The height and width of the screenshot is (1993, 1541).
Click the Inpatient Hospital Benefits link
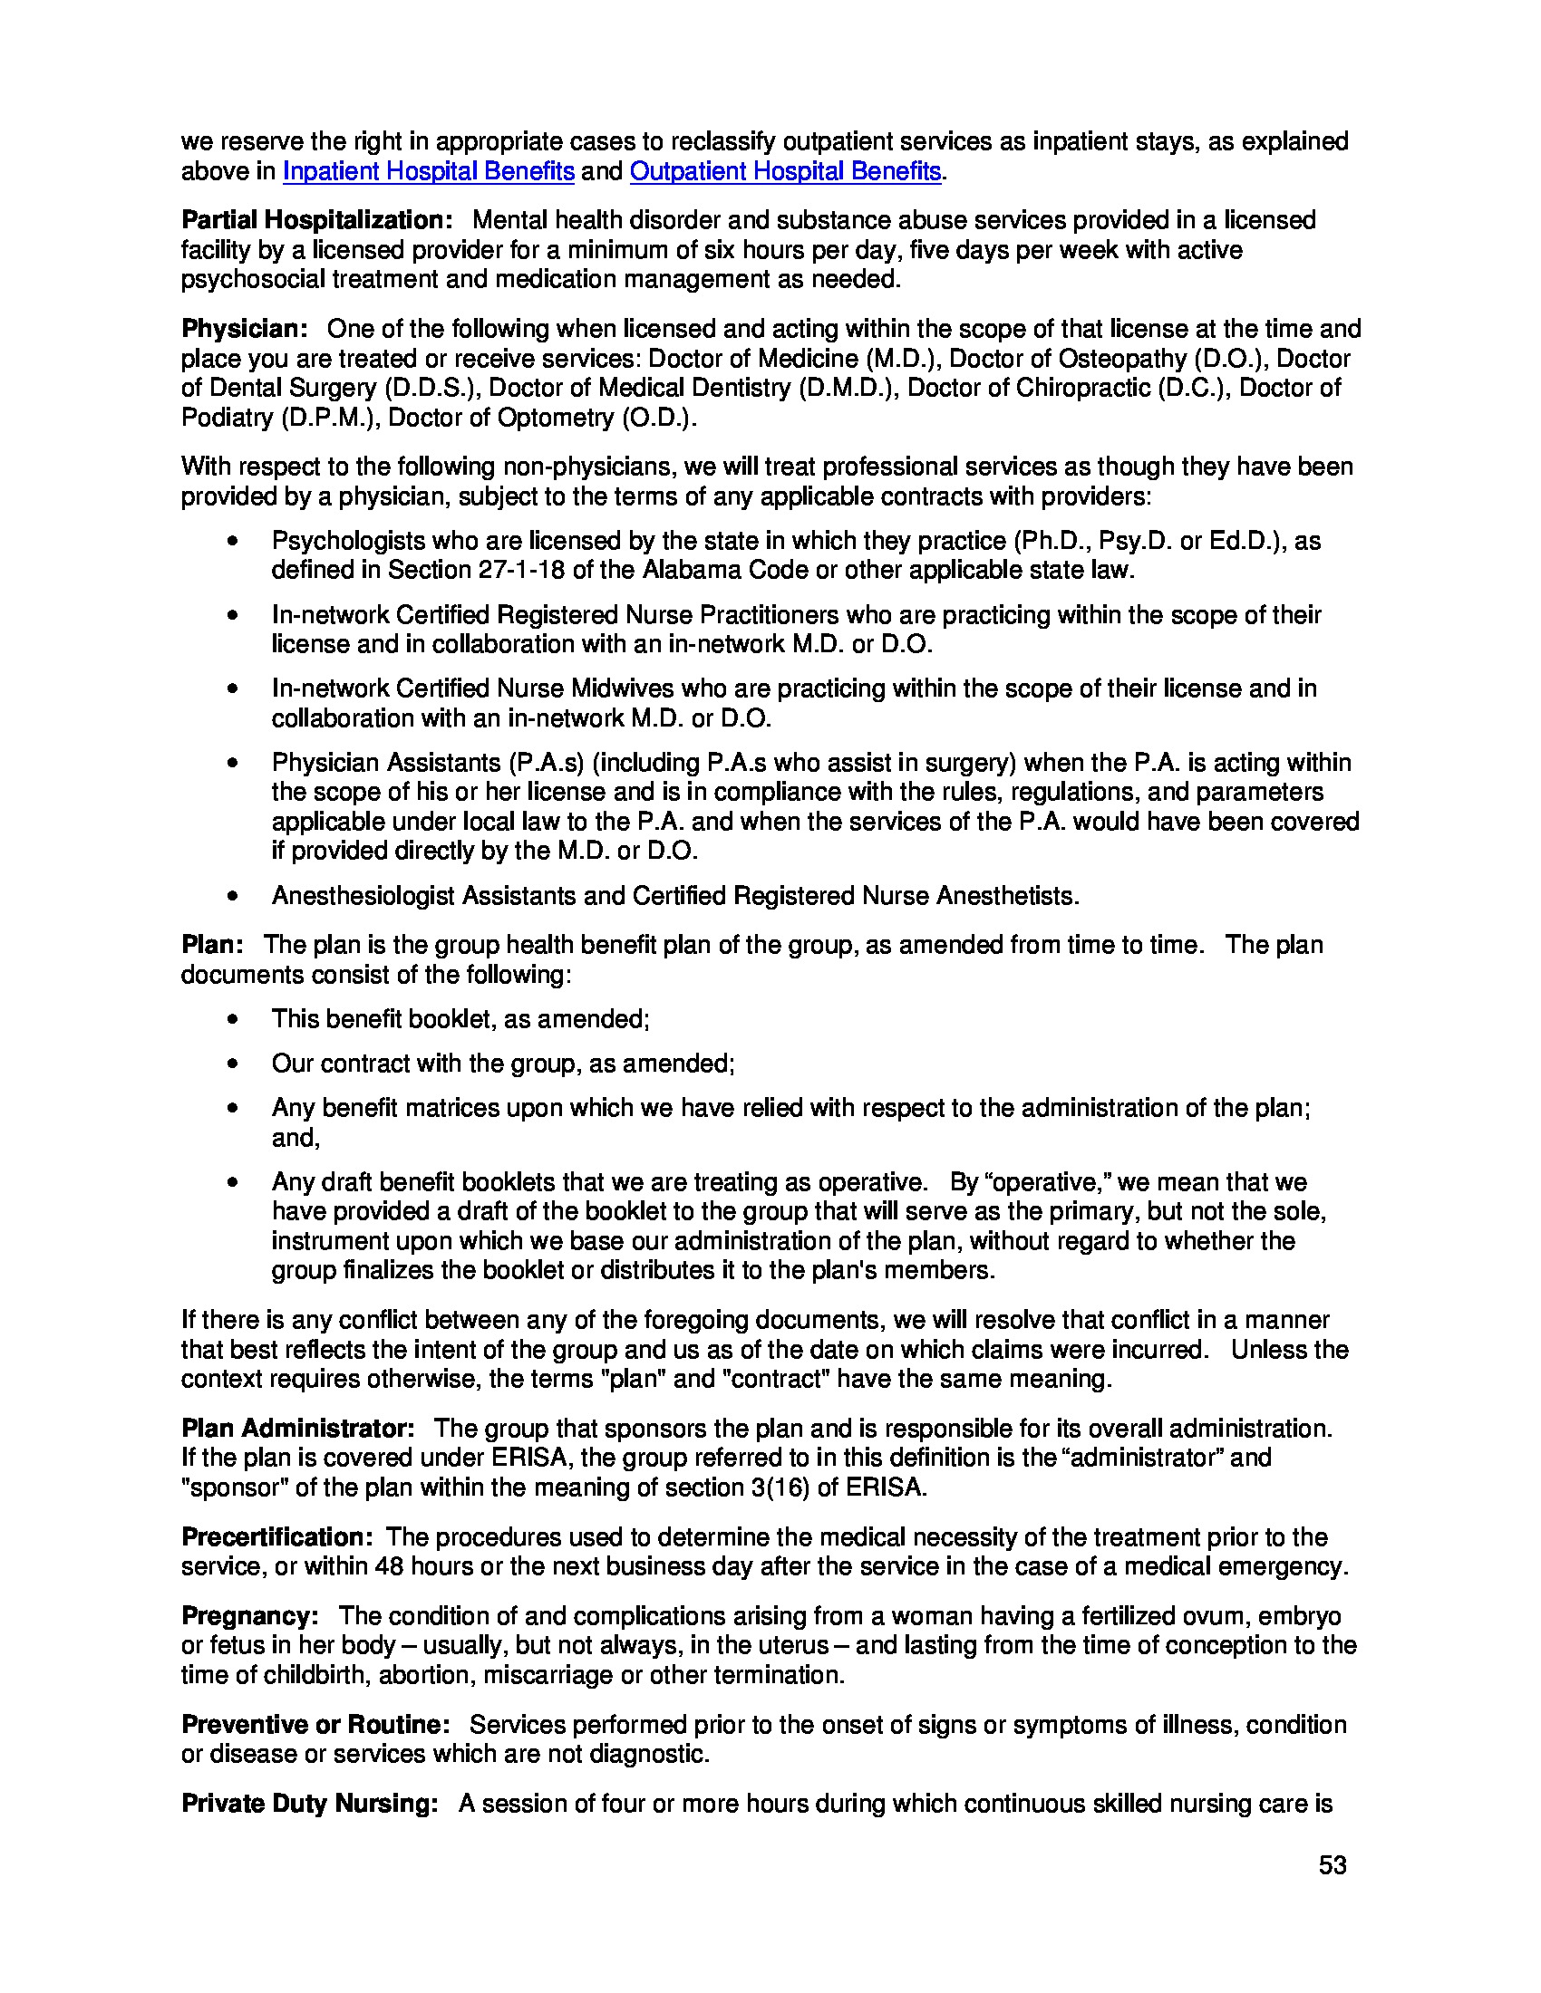(428, 171)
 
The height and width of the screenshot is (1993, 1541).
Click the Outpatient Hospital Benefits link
(784, 171)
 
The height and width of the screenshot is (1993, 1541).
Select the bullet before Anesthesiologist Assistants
(234, 896)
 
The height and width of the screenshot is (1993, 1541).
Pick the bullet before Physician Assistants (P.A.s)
(234, 763)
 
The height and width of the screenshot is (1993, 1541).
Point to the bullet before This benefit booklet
(234, 1019)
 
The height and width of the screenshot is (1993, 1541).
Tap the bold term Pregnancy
(249, 1616)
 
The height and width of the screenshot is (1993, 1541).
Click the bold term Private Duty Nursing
(309, 1804)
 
